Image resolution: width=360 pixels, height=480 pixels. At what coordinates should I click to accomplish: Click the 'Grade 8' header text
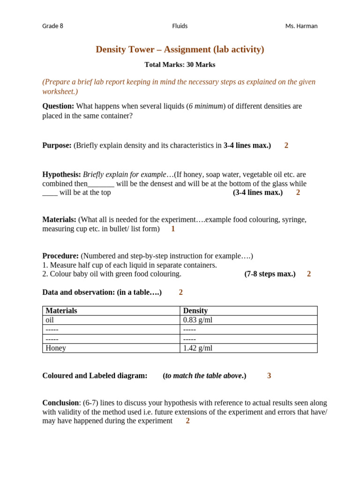click(52, 26)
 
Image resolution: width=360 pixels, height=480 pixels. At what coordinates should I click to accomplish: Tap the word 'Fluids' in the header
click(180, 26)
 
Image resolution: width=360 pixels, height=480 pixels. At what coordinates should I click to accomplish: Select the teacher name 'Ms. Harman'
click(301, 26)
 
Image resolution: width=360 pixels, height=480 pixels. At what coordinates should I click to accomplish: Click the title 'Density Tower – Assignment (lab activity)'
click(180, 49)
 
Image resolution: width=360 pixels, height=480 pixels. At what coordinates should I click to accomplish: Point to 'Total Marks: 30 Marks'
click(180, 65)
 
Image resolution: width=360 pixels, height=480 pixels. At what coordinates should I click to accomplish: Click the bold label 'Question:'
click(58, 106)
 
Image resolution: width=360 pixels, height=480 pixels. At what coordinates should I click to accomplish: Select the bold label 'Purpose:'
click(57, 145)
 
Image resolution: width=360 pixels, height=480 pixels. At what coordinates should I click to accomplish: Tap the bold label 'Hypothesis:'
click(61, 174)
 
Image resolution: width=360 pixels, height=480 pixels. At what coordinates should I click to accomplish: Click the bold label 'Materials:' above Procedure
click(59, 219)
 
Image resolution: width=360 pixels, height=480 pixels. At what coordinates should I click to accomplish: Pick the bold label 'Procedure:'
click(60, 256)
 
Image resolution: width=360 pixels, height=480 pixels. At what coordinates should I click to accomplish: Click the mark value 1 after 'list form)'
click(173, 229)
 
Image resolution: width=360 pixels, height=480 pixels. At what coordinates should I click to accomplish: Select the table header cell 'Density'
click(195, 311)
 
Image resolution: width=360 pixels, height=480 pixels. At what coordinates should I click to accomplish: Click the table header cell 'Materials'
click(61, 311)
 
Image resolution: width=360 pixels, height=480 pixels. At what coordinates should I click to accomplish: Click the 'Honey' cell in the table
click(56, 348)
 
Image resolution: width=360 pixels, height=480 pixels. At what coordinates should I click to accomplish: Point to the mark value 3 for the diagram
click(269, 375)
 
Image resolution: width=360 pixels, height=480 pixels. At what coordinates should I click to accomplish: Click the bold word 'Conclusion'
click(60, 403)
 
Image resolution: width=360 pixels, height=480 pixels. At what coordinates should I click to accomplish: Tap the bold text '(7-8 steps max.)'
click(270, 274)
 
